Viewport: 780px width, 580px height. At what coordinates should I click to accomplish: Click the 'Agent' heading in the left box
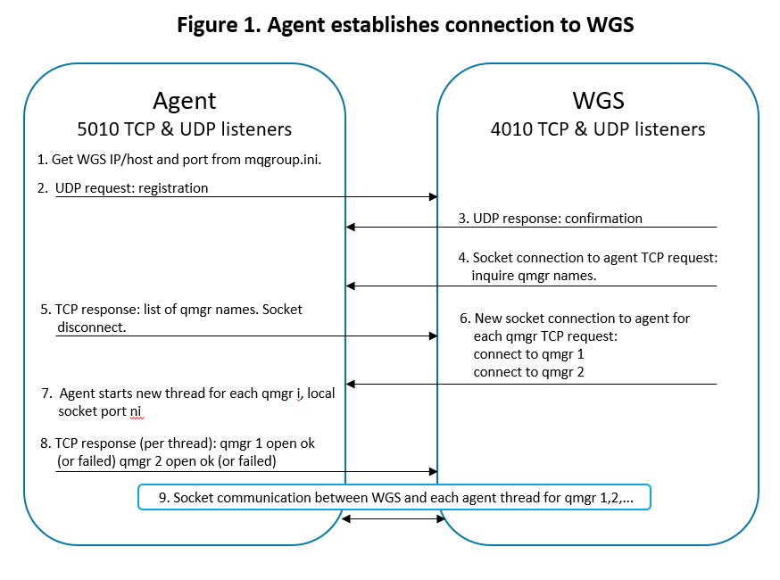coord(185,100)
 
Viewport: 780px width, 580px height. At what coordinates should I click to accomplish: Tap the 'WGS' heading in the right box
coord(597,100)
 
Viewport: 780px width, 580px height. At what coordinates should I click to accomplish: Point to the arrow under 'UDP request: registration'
coord(245,197)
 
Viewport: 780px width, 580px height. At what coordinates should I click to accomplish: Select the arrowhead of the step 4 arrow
coord(351,286)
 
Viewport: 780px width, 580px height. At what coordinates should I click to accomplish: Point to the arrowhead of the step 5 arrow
coord(433,336)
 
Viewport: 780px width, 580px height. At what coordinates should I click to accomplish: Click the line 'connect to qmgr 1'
coord(529,354)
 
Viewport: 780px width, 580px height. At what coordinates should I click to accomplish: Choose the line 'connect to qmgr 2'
coord(529,371)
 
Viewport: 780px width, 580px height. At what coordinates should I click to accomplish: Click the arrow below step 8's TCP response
coord(245,471)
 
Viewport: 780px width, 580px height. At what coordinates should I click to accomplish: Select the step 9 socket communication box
coord(394,497)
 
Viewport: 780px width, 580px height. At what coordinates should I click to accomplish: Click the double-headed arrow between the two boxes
coord(394,518)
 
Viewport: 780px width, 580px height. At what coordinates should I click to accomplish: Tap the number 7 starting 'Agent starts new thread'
coord(46,394)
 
